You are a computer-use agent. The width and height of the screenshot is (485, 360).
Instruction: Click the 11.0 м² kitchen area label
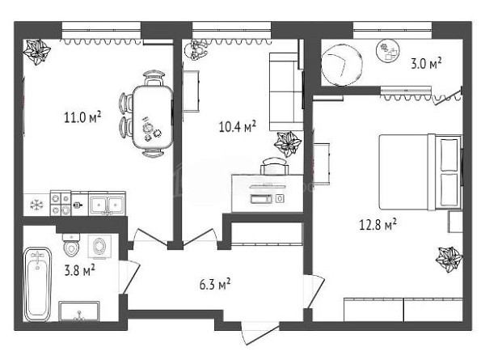pyautogui.click(x=82, y=117)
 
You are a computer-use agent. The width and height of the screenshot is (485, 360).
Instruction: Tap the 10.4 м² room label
pyautogui.click(x=237, y=126)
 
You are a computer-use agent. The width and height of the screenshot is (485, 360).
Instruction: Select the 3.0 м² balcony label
pyautogui.click(x=426, y=63)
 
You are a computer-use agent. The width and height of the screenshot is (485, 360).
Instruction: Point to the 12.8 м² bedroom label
pyautogui.click(x=377, y=224)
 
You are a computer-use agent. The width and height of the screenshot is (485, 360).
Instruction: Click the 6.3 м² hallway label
pyautogui.click(x=215, y=284)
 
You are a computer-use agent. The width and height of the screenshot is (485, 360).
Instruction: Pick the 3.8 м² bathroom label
pyautogui.click(x=79, y=270)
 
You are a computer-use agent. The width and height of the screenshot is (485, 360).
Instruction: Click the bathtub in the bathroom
pyautogui.click(x=37, y=284)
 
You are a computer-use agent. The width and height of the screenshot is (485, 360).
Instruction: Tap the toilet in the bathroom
pyautogui.click(x=71, y=245)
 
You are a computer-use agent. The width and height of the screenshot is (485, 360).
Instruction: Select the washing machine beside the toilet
pyautogui.click(x=99, y=247)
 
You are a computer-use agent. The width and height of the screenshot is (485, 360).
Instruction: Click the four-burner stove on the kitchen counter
pyautogui.click(x=61, y=203)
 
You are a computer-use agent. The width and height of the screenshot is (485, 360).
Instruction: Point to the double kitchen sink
pyautogui.click(x=107, y=205)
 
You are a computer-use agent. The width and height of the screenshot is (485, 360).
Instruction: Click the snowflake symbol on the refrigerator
pyautogui.click(x=36, y=205)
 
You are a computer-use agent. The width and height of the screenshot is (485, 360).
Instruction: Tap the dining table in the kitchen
pyautogui.click(x=153, y=116)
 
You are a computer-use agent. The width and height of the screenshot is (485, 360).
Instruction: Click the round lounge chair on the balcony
pyautogui.click(x=341, y=65)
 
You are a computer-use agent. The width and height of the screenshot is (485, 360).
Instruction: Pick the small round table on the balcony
pyautogui.click(x=387, y=51)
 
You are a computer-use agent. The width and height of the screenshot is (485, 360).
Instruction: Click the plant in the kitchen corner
pyautogui.click(x=37, y=52)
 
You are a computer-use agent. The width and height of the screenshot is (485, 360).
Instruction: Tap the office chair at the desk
pyautogui.click(x=274, y=166)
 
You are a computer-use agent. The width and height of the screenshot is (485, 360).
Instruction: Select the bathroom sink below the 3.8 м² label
pyautogui.click(x=79, y=311)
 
